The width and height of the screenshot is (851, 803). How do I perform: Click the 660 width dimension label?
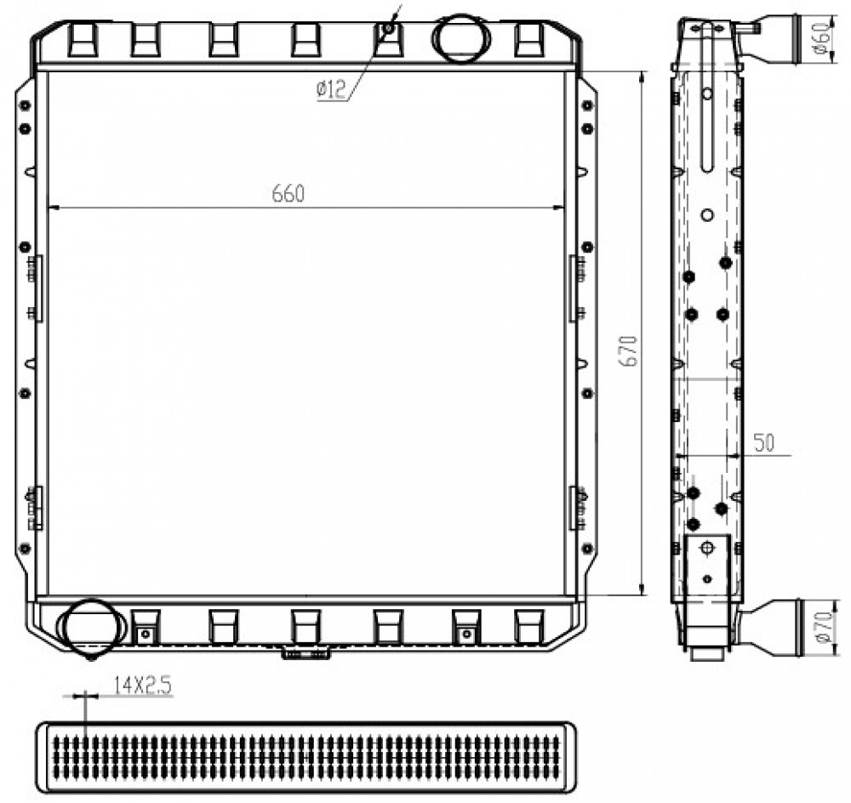(288, 194)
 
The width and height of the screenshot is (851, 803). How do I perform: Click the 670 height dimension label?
(630, 350)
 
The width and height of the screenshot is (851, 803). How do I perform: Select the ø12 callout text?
(331, 89)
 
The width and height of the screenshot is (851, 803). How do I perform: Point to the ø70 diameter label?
(825, 627)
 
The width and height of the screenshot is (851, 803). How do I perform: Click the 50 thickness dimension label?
(763, 442)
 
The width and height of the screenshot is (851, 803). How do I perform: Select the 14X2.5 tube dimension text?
(142, 686)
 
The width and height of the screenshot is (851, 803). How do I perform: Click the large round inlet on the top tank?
(460, 38)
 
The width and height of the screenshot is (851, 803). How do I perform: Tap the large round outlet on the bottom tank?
(90, 626)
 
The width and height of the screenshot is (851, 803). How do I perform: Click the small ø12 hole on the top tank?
(388, 28)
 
